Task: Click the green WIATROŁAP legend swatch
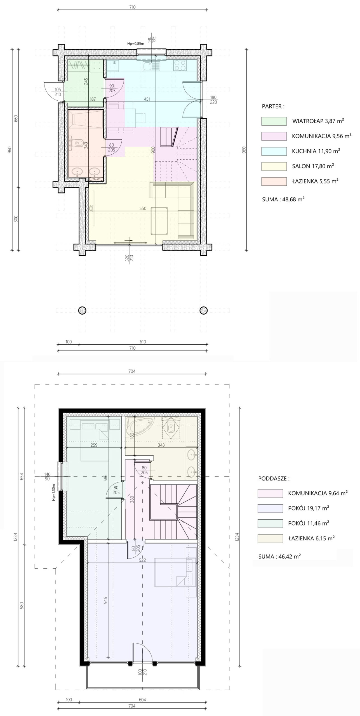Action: coord(274,121)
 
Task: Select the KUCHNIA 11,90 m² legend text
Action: coord(316,151)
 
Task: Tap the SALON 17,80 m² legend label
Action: coord(313,166)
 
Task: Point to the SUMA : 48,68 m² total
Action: coord(283,199)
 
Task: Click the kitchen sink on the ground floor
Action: coord(151,66)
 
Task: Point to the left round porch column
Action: coord(82,310)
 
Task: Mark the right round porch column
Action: coord(203,310)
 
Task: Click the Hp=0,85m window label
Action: coord(136,44)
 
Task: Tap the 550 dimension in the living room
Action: coord(143,208)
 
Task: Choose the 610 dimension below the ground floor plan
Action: coord(143,342)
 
